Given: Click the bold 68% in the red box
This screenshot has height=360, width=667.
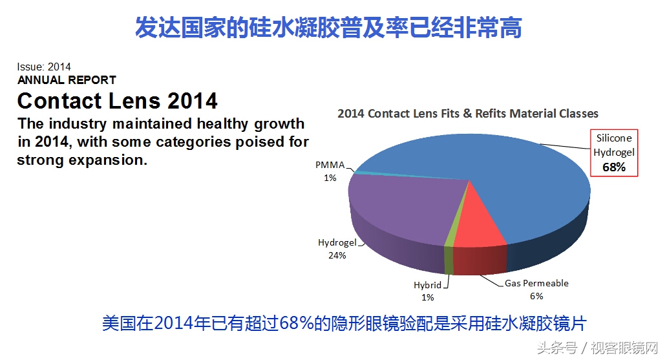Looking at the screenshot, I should point(613,167).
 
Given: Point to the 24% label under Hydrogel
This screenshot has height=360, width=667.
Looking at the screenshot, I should point(337,255).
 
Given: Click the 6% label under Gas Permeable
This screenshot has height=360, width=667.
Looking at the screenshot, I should point(536,296).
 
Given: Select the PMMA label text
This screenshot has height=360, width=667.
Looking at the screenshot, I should point(330,165).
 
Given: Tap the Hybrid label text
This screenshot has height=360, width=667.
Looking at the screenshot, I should point(427,285).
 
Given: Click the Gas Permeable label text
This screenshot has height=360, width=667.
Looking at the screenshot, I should point(536,284).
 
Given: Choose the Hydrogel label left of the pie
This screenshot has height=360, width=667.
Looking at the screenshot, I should point(337,243).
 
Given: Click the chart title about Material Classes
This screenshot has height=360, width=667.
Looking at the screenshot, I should point(468,114).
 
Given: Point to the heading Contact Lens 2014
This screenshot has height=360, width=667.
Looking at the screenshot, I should point(117,101).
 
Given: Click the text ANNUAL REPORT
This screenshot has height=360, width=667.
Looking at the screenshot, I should point(67,80).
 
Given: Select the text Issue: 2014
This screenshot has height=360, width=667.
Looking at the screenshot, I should point(44,67).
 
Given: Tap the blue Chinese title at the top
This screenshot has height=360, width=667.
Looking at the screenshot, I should point(328,28).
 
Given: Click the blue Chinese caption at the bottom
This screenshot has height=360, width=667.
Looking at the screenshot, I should point(343,323).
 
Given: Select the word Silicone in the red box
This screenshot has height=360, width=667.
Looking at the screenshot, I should point(613,138).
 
